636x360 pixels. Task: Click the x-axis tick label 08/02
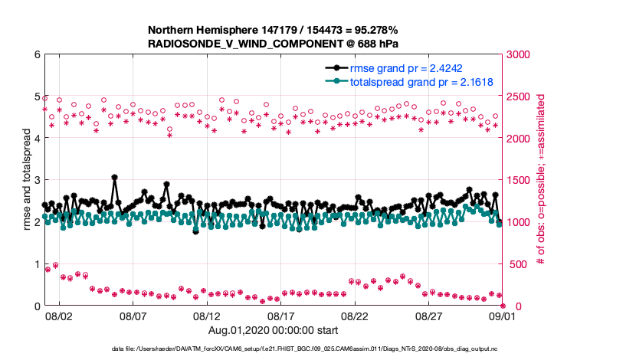[59, 316]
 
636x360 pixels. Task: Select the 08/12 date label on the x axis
[207, 316]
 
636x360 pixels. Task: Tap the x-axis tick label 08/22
[356, 316]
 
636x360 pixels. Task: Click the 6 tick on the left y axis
[37, 54]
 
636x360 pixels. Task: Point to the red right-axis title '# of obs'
[541, 180]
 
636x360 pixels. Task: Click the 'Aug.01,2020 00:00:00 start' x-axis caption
[273, 331]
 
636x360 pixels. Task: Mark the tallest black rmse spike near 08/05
[114, 178]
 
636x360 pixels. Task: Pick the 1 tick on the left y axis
[37, 264]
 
